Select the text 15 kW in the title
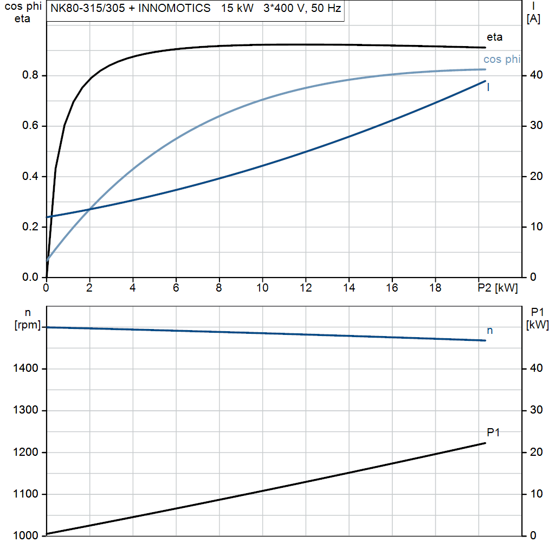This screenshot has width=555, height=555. [x=237, y=9]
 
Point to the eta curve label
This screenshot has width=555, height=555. [x=494, y=37]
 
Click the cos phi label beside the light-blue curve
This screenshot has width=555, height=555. [x=501, y=60]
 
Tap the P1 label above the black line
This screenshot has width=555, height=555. [x=493, y=432]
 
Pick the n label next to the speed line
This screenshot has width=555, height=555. [x=490, y=330]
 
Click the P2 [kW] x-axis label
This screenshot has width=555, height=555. [x=498, y=288]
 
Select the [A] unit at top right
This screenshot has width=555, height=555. [x=533, y=18]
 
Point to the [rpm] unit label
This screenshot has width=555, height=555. [x=27, y=324]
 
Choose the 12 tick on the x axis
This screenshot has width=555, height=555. [x=306, y=288]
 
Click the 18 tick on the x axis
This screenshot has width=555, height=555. [x=435, y=288]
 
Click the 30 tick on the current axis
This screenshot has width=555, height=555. [x=535, y=126]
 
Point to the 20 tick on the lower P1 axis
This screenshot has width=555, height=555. [x=535, y=452]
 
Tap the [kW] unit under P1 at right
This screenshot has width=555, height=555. [x=537, y=325]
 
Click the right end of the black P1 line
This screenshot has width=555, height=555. [x=485, y=443]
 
